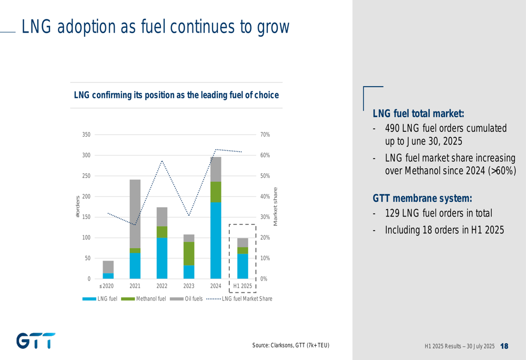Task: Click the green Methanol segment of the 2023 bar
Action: pos(189,253)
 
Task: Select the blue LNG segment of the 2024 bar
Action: pos(216,240)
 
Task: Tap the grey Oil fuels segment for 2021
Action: pos(135,213)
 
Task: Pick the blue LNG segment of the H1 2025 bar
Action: pos(242,266)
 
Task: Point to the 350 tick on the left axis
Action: pos(86,135)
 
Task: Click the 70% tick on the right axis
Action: pos(265,135)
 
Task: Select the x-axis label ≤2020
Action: pos(106,286)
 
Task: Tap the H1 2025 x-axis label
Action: pos(242,286)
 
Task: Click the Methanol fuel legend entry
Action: pos(151,299)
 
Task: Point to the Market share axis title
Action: pos(275,207)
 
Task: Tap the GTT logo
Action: pos(36,341)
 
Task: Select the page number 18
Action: pos(504,346)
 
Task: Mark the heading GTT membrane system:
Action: pos(422,198)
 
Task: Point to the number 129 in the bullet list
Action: pos(392,213)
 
